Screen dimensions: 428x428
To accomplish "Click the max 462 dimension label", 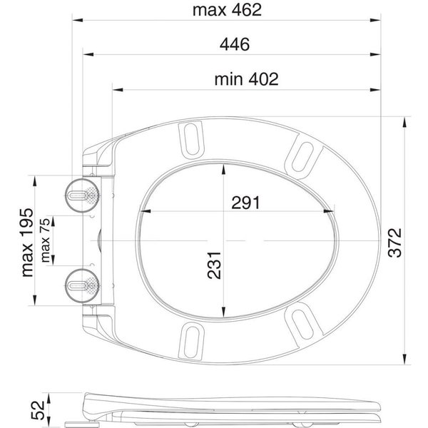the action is [227, 10].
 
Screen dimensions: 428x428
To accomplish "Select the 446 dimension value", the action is [235, 44].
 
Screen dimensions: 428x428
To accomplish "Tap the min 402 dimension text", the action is [246, 79].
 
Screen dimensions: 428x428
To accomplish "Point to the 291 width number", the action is [245, 203].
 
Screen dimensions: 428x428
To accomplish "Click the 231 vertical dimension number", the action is [214, 265].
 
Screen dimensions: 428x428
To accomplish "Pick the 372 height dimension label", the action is [395, 243].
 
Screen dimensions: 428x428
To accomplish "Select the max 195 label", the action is [27, 243].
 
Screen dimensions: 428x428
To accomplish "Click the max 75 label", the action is [46, 240].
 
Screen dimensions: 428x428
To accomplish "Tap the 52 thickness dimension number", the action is [38, 409].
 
